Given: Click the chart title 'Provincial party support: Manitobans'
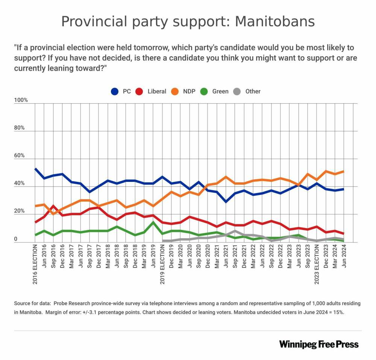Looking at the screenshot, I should [x=188, y=21].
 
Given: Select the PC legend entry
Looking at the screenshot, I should [x=121, y=91].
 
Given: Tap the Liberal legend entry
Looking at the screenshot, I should [x=151, y=91].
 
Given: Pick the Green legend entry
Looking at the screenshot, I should [x=215, y=91].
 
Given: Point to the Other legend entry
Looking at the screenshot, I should [x=247, y=91].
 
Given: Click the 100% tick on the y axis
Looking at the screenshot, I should [x=21, y=100].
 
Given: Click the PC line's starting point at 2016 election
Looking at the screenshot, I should [x=35, y=169].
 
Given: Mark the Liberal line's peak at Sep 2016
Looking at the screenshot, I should [x=53, y=206].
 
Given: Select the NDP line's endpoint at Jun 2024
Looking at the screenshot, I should [x=343, y=171].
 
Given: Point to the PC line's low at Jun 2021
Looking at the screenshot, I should [x=226, y=202].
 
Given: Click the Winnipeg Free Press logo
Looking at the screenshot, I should [x=319, y=344].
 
